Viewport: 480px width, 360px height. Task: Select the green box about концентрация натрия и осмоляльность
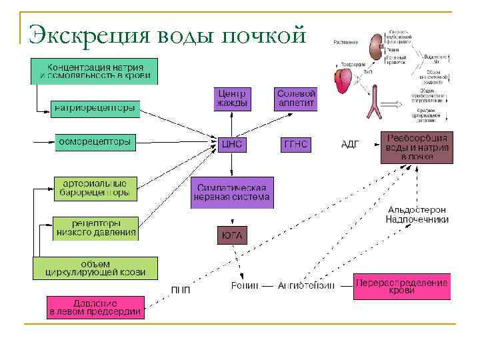point(94,71)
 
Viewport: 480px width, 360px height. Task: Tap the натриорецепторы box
point(95,108)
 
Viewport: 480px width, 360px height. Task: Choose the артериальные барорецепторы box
point(96,188)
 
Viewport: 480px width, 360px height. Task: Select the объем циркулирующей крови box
point(95,268)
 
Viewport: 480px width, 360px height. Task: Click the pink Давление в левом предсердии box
point(95,307)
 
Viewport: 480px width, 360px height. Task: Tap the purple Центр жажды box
point(232,98)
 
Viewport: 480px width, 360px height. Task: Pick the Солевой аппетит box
point(295,98)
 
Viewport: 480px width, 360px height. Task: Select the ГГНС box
point(296,144)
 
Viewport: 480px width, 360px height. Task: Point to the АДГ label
point(350,144)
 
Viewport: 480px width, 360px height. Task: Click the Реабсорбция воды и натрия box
point(417,147)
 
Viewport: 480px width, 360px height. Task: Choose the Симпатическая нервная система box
point(231,193)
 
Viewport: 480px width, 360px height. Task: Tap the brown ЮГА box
point(231,235)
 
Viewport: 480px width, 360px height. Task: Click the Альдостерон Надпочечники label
point(417,214)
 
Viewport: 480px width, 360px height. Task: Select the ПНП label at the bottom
point(180,289)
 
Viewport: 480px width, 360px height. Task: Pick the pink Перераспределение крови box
point(402,287)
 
